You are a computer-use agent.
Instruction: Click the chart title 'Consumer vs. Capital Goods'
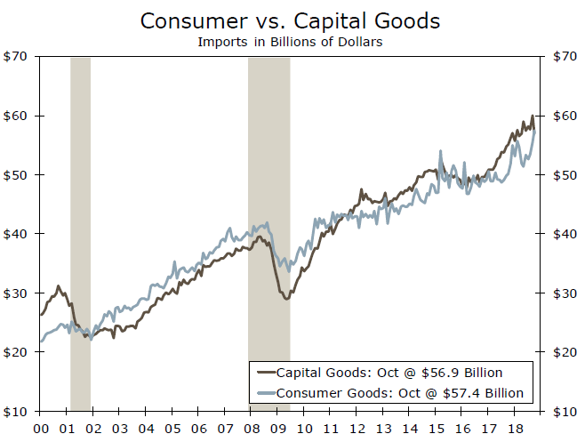pos(292,20)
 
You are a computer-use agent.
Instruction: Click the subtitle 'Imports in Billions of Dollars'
pos(292,40)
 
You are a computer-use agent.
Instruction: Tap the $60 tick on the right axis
pos(564,116)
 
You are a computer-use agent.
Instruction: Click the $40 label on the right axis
pos(564,234)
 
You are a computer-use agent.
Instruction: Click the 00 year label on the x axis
pos(41,428)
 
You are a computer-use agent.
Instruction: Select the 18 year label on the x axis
pos(515,428)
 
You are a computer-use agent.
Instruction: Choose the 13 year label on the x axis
pos(383,428)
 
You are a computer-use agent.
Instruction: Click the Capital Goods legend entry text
pos(390,372)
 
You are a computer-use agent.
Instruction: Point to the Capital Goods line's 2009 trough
pos(286,298)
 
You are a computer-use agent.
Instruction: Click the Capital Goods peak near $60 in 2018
pos(532,117)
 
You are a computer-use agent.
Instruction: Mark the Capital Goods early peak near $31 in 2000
pos(59,286)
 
